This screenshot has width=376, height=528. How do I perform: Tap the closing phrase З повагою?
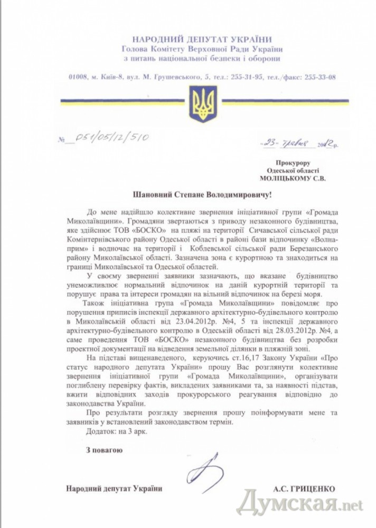(104, 450)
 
